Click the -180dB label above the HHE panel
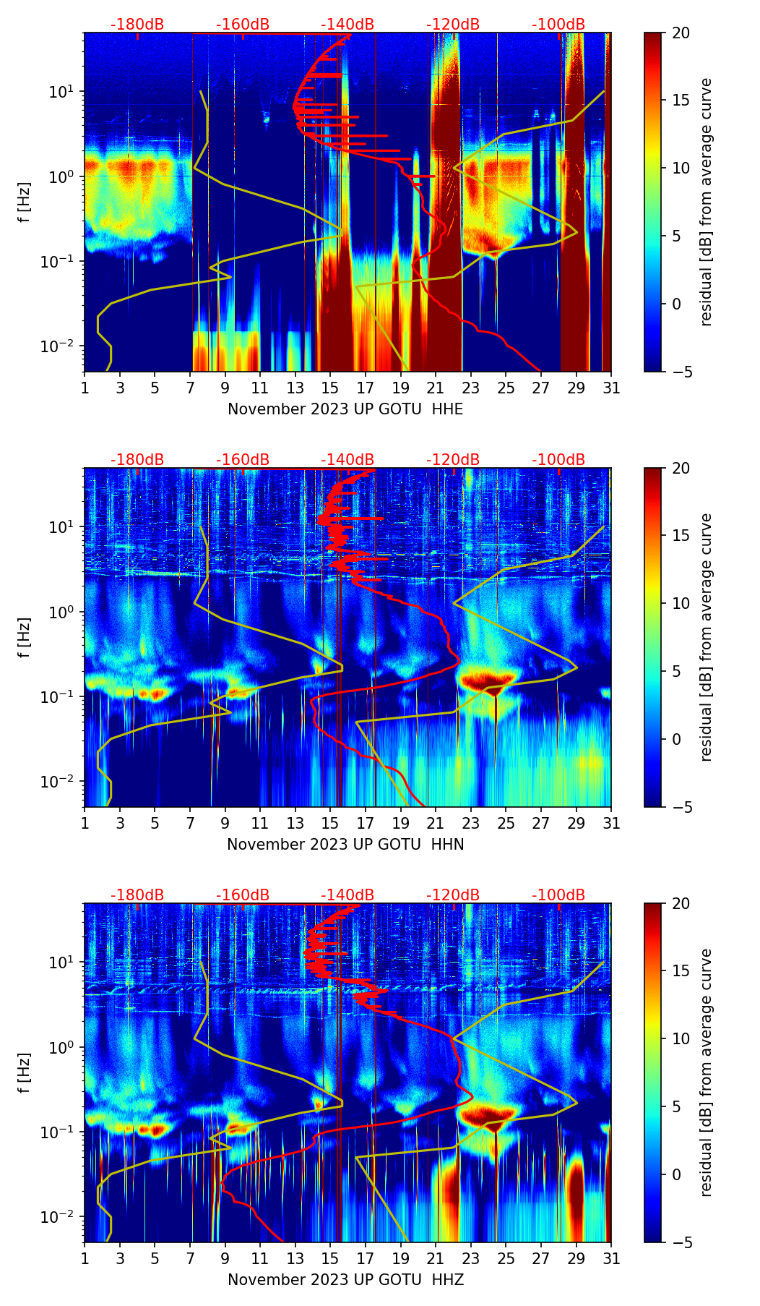137,25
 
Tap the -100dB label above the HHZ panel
558,895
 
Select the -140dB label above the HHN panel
347,460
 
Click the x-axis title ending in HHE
345,409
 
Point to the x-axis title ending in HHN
345,845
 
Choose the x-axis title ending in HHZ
345,1280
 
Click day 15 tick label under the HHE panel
330,388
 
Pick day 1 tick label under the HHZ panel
85,1259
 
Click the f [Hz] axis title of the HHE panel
25,202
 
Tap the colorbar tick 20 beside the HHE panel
681,33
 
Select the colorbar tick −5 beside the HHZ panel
681,1242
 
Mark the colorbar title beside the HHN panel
706,637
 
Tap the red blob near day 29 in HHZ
576,1186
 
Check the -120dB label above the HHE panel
453,25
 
